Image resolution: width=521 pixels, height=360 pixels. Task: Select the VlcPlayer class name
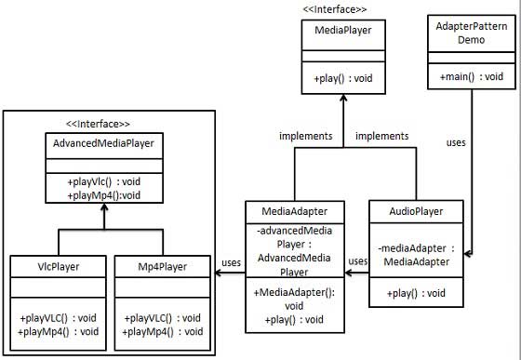pos(57,266)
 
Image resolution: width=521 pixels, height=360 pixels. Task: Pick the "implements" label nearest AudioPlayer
pos(383,136)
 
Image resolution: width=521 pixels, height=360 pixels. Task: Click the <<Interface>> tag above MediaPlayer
pos(334,9)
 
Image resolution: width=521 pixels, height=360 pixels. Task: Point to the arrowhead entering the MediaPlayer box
pos(342,100)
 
